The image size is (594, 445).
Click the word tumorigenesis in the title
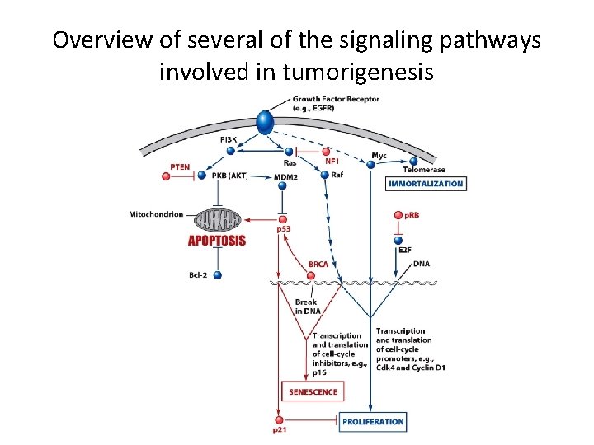point(358,72)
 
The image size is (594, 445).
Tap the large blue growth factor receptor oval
point(264,121)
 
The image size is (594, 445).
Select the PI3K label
point(229,140)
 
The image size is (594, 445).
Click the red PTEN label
point(180,167)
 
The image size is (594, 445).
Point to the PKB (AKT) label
point(229,176)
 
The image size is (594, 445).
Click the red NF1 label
point(332,162)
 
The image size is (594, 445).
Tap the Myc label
point(379,155)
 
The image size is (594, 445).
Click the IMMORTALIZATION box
point(426,184)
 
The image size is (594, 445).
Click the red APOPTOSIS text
point(217,241)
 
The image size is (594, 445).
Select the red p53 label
point(284,228)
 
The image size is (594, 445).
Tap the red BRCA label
point(318,265)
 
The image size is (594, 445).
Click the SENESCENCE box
point(313,391)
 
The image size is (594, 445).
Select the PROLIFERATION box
point(374,421)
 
